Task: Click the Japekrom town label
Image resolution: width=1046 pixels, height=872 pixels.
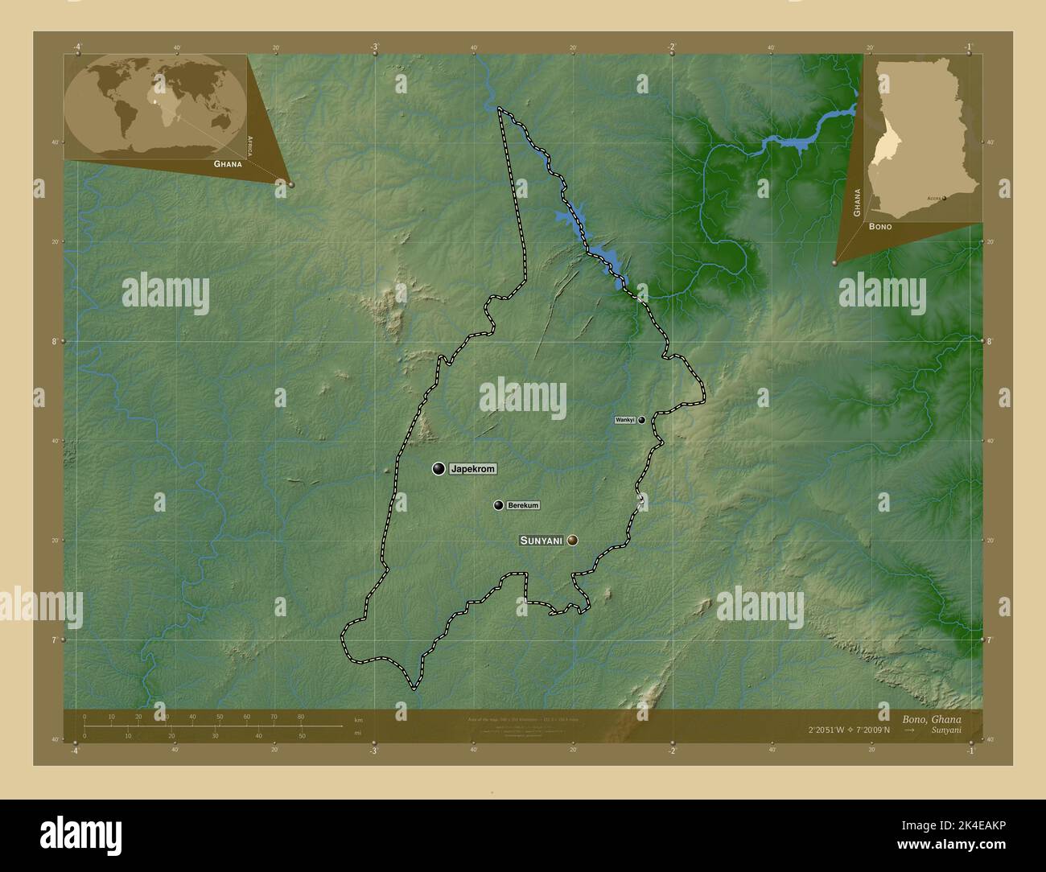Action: (473, 468)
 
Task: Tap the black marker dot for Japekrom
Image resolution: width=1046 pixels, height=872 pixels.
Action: (439, 468)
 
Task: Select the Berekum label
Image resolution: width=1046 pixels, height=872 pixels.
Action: (523, 505)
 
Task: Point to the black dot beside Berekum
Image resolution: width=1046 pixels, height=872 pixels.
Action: (499, 505)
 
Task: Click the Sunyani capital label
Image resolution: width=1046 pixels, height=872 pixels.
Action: (541, 541)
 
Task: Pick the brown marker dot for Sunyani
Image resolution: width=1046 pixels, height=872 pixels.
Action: (572, 541)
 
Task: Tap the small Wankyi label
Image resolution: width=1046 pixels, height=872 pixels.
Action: (625, 420)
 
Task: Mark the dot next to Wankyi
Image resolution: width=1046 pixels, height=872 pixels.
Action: (642, 420)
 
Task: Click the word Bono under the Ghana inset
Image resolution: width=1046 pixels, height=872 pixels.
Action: (879, 228)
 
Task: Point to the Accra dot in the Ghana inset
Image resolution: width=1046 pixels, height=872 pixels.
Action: (945, 197)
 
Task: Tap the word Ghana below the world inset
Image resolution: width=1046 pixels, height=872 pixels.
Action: (228, 163)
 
